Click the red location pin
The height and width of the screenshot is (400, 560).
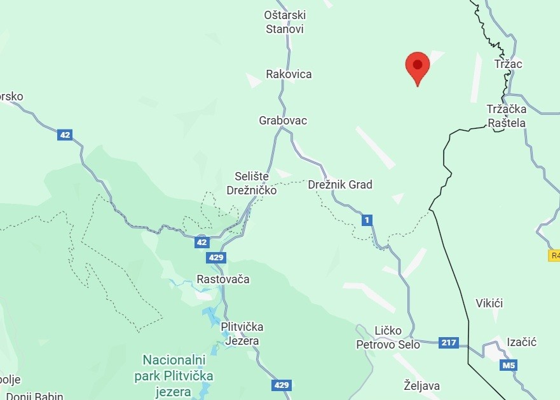pos(418,66)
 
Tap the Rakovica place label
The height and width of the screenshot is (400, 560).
pos(289,74)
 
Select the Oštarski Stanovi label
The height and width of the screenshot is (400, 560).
pos(284,22)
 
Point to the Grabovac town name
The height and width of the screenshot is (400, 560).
pos(283,120)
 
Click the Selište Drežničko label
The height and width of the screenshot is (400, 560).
pos(252,183)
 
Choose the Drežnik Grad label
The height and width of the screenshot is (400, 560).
pos(340,185)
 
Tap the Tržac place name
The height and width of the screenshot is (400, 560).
pos(508,64)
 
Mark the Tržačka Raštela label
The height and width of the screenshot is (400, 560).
pos(507,116)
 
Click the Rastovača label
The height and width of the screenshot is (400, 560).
pos(223,279)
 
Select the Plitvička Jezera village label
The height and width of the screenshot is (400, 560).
pos(242,334)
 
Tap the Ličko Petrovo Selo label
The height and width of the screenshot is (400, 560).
pos(388,338)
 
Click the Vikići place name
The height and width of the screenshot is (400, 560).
pos(489,303)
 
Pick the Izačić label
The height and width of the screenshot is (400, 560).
pos(522,342)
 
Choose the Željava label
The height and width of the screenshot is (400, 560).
pos(421,385)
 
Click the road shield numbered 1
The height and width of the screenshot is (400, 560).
pos(367,220)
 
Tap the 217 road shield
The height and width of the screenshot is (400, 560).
pos(448,343)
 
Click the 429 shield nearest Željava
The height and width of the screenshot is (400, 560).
pos(282,385)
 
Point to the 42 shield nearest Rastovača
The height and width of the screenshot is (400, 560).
pos(202,242)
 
